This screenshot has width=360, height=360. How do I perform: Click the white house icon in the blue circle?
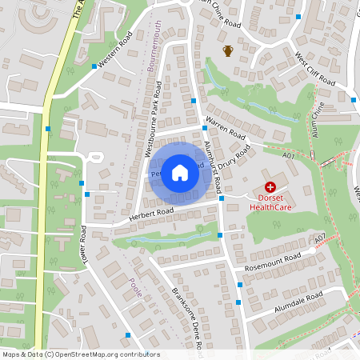[x=180, y=172]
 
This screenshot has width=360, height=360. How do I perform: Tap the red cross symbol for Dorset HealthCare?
[x=270, y=186]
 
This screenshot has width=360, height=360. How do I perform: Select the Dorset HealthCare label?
[x=270, y=201]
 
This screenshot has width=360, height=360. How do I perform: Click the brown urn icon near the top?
[x=228, y=52]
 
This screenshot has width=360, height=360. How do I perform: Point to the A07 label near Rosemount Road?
[x=319, y=239]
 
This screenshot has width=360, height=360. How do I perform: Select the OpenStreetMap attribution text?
[x=80, y=354]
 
